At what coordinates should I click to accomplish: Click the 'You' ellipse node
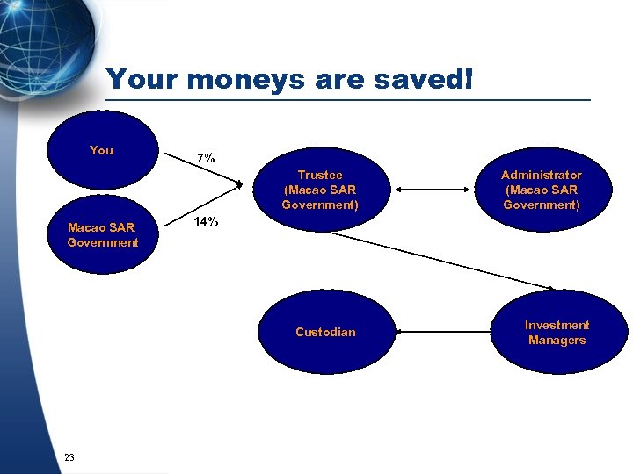tap(102, 150)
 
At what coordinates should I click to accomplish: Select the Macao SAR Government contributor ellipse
tap(103, 234)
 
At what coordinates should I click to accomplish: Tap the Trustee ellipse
tap(320, 190)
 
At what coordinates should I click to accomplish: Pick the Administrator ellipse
tap(541, 190)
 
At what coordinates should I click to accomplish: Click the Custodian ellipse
tap(326, 332)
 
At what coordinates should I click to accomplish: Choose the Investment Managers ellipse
tap(557, 332)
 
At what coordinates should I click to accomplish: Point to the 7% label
tap(206, 158)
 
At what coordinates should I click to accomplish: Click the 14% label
tap(206, 221)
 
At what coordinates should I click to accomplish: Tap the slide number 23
tap(69, 456)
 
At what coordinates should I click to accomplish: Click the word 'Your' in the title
tap(143, 80)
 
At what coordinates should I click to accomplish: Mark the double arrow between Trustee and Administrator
tap(435, 189)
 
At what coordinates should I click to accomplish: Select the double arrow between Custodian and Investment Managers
tap(444, 332)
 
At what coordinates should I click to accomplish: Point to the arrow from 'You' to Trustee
tap(202, 169)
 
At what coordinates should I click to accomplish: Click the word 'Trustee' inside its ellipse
tap(320, 175)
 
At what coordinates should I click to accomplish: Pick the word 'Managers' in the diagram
tap(557, 340)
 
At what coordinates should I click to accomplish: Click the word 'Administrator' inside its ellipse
tap(541, 175)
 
